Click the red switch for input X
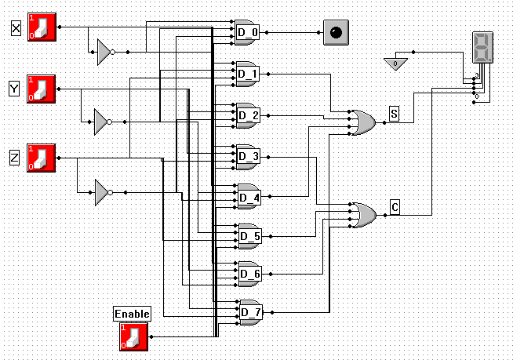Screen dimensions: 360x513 42,26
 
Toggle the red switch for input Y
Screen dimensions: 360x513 42,88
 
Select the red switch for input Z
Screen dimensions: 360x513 42,157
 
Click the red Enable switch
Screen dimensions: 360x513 133,336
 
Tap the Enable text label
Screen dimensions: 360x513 132,314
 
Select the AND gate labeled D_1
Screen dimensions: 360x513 248,74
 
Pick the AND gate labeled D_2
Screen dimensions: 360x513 248,115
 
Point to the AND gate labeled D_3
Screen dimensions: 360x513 248,156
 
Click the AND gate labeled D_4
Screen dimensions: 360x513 248,197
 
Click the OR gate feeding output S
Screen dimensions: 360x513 362,122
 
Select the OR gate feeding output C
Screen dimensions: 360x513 362,214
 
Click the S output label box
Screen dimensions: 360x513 394,115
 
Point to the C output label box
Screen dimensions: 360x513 395,207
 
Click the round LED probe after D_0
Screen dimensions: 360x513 336,33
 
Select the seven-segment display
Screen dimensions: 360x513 482,48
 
